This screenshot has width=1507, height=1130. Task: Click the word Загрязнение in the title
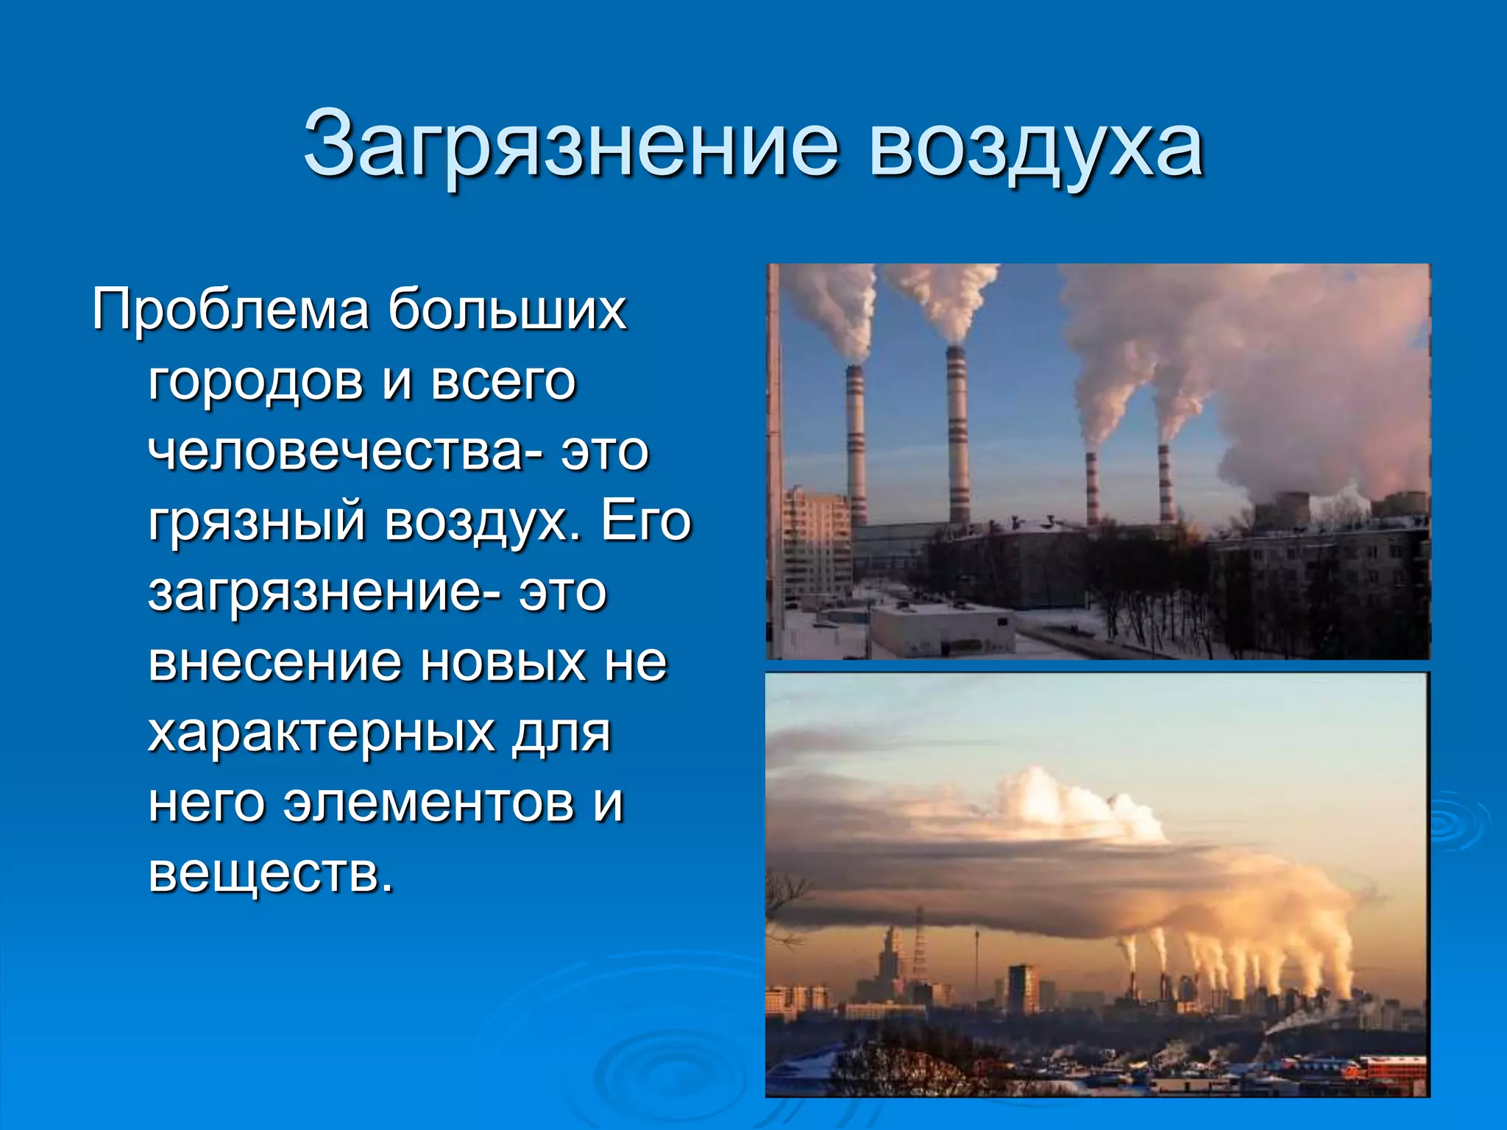click(570, 145)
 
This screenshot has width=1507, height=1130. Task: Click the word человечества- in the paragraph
click(346, 450)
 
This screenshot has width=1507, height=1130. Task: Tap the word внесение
click(275, 662)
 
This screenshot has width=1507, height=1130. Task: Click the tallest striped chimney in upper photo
click(957, 434)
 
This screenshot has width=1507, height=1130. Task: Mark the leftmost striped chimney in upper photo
click(856, 441)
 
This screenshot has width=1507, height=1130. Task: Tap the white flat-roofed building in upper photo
click(942, 630)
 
